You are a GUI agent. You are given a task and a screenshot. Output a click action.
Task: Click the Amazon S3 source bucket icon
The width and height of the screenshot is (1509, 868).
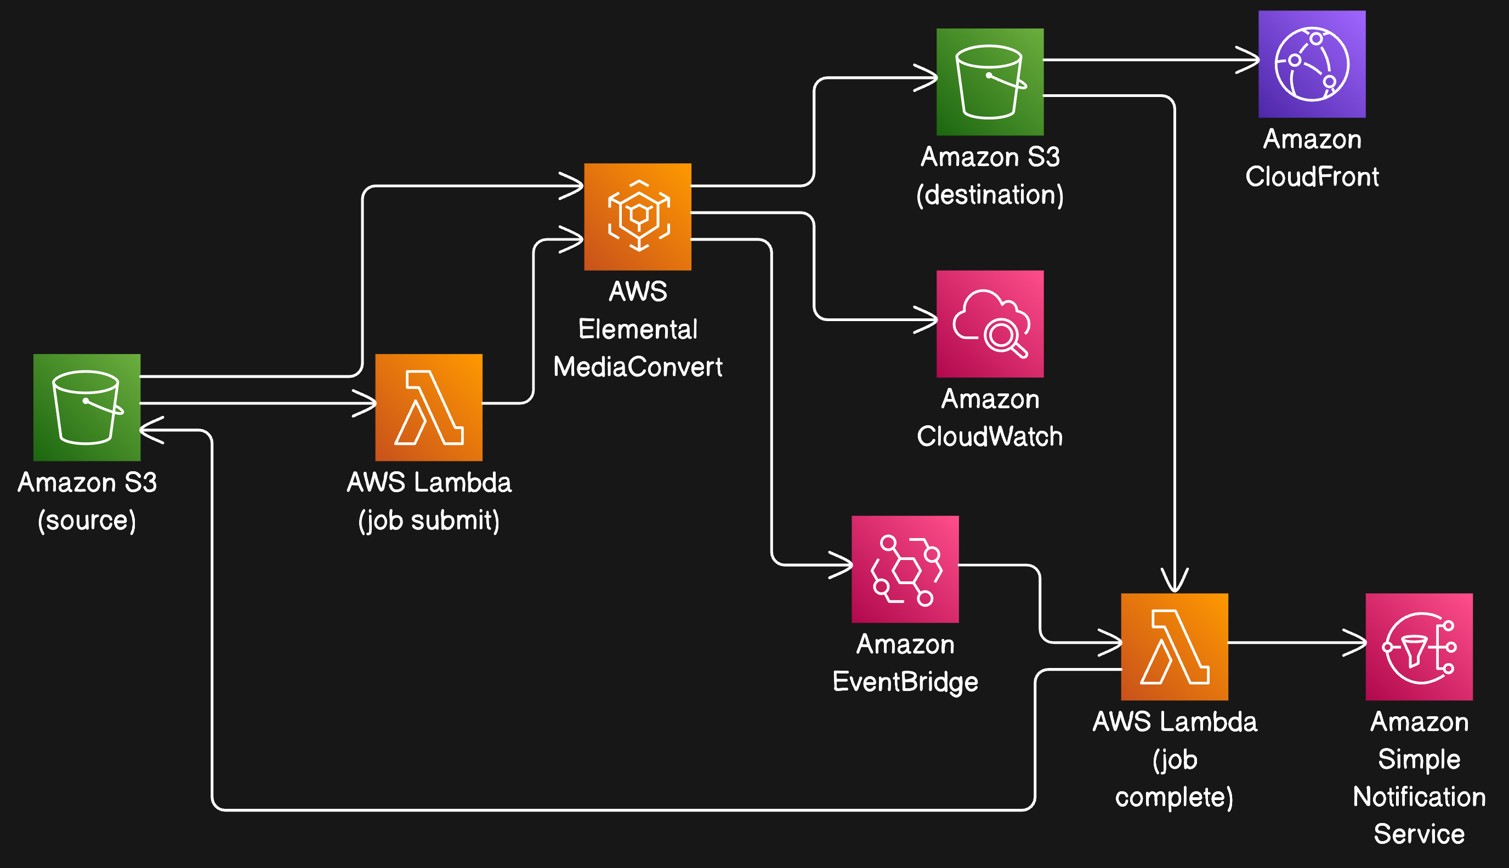(x=87, y=407)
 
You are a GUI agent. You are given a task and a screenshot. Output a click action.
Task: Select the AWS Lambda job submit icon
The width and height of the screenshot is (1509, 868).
(x=428, y=407)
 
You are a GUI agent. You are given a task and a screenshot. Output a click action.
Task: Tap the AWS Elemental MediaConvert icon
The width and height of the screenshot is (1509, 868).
(x=638, y=216)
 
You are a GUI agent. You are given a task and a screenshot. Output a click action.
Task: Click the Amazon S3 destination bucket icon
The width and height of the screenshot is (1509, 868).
(x=990, y=82)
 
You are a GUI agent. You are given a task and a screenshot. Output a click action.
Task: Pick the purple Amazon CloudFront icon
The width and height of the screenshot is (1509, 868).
(x=1312, y=64)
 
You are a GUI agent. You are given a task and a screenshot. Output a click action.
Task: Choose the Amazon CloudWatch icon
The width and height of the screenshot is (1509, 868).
(x=990, y=324)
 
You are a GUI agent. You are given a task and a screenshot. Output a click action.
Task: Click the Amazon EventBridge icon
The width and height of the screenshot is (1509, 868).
(x=905, y=569)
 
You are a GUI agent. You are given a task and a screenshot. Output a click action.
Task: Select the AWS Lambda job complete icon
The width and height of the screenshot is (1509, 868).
(x=1174, y=646)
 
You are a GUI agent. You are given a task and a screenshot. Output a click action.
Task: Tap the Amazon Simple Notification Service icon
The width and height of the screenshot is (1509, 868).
(x=1419, y=646)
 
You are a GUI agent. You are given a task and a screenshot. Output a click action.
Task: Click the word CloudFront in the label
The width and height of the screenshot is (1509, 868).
(x=1312, y=176)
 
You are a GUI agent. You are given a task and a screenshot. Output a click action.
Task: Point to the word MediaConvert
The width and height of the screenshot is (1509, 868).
(x=638, y=367)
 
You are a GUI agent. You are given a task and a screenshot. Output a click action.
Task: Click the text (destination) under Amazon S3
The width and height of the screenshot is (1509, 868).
(x=990, y=195)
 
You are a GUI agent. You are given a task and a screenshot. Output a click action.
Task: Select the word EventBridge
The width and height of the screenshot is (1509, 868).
(x=905, y=681)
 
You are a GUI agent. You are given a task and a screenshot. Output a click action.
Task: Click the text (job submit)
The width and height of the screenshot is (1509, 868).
(x=428, y=521)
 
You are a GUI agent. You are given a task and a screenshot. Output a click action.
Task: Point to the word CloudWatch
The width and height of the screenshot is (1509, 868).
(x=990, y=436)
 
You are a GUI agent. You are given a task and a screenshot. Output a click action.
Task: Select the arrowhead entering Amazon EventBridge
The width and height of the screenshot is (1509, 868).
(x=843, y=564)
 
